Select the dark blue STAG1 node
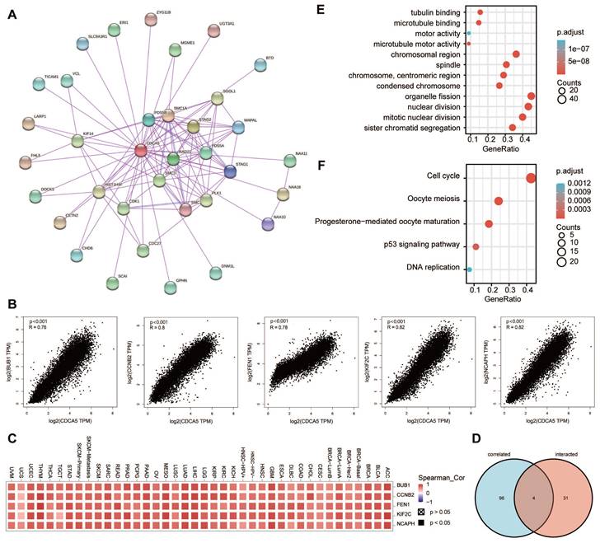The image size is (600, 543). click(231, 171)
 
